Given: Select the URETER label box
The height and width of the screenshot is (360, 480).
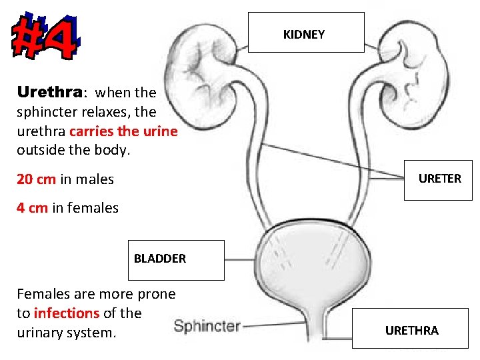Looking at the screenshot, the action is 439,179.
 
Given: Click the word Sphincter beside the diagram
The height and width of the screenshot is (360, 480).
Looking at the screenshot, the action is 207,326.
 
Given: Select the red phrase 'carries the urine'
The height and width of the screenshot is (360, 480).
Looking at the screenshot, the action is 123,131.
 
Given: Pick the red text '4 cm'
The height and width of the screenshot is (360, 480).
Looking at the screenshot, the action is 32,208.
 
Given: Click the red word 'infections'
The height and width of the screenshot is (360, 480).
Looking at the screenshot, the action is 66,313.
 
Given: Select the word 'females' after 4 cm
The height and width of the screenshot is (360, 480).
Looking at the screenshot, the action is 93,208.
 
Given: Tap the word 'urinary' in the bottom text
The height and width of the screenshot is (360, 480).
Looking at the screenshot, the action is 41,331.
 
